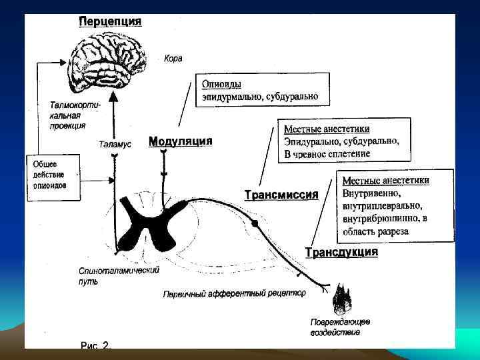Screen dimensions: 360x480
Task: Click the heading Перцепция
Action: coord(110,21)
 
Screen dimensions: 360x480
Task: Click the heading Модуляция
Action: coord(180,141)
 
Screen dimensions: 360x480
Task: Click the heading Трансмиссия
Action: coord(281,195)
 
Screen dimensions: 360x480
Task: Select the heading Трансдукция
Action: coord(341,252)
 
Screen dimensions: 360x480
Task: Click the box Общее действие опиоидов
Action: coord(51,175)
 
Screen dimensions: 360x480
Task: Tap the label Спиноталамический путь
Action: coord(109,275)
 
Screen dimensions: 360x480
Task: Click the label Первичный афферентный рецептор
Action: coord(235,293)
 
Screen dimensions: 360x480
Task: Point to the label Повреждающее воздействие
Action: coord(340,327)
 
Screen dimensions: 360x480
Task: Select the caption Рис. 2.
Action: coord(95,345)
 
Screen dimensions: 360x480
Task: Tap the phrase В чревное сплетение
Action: coord(327,153)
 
